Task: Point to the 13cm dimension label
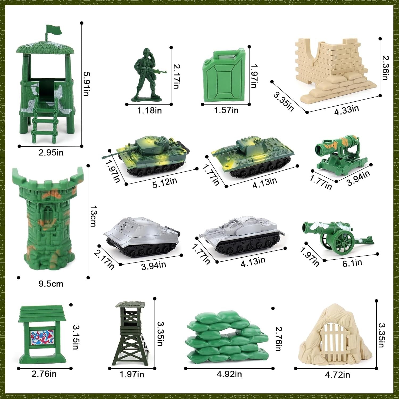click(93, 216)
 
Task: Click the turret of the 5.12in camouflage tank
click(148, 145)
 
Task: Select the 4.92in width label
click(229, 374)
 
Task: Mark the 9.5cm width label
click(51, 284)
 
